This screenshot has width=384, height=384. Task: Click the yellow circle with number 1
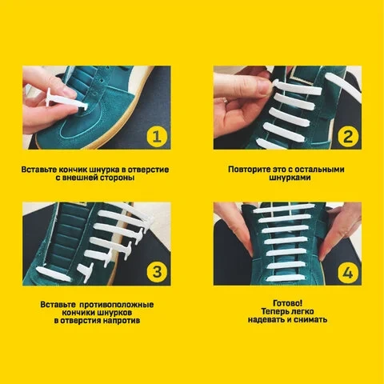tap(157, 137)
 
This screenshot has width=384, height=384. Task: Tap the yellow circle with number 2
tap(348, 137)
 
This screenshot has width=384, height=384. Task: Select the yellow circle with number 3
tap(157, 273)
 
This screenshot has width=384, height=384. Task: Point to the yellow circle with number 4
tap(348, 273)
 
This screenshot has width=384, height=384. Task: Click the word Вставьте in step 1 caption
tap(39, 170)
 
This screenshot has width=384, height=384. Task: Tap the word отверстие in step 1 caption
tap(148, 170)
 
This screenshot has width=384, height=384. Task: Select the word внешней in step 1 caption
tap(80, 178)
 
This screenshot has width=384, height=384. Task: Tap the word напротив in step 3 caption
tap(122, 321)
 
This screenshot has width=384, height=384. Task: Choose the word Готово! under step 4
tap(288, 303)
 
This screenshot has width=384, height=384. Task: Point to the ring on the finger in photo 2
tap(226, 101)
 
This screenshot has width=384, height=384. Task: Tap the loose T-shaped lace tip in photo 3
tap(85, 272)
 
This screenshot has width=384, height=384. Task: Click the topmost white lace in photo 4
tap(284, 209)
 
